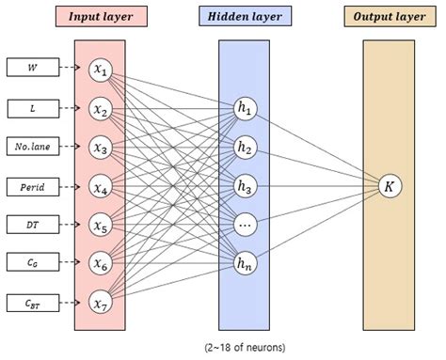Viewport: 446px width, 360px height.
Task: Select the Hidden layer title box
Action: pyautogui.click(x=244, y=17)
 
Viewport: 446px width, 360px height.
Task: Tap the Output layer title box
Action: pyautogui.click(x=389, y=17)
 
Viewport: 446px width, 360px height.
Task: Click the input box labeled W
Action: pyautogui.click(x=33, y=68)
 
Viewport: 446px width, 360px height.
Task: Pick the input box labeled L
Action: pyautogui.click(x=33, y=106)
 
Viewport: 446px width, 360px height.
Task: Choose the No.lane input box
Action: pyautogui.click(x=33, y=146)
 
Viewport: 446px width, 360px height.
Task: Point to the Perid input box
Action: pyautogui.click(x=33, y=185)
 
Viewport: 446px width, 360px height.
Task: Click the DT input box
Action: pyautogui.click(x=33, y=224)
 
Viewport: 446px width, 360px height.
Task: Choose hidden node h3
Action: pyautogui.click(x=246, y=185)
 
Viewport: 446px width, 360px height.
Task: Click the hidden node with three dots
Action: pyautogui.click(x=246, y=225)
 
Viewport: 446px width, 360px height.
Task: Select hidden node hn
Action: pyautogui.click(x=246, y=264)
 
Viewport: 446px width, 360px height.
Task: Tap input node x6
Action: pyautogui.click(x=100, y=263)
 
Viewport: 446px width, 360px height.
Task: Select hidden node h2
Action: pyautogui.click(x=246, y=147)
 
